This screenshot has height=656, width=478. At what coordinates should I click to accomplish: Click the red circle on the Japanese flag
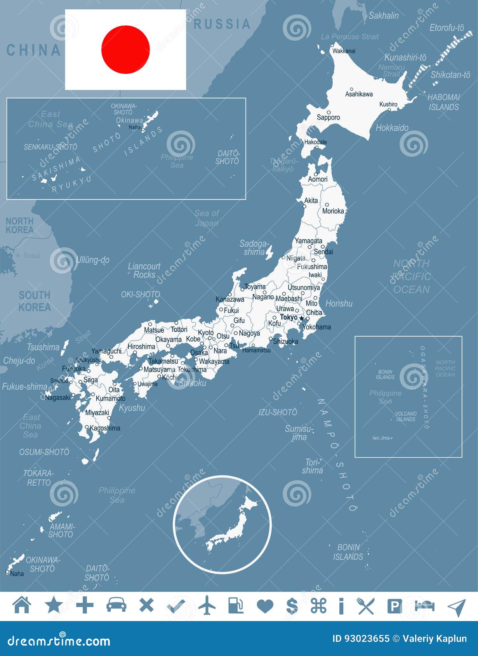coord(125,50)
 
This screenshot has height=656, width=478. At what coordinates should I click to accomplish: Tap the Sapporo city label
coord(328,117)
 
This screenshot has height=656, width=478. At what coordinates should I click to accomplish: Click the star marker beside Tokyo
coord(302,318)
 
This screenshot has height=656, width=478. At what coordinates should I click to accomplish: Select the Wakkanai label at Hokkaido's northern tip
coord(344,51)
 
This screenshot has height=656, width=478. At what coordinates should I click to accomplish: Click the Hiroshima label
coord(141,346)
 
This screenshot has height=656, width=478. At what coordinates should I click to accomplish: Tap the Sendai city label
coord(323,252)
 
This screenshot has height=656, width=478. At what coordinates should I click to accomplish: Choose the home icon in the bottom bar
coord(22,605)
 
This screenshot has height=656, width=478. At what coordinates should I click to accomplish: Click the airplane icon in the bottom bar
coord(207,605)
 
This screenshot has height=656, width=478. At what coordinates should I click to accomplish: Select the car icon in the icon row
coord(116,605)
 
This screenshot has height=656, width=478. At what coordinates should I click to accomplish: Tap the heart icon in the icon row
coord(265,606)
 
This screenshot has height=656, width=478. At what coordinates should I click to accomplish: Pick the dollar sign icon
coord(292,605)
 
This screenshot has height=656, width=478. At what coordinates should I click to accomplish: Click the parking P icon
coord(395,606)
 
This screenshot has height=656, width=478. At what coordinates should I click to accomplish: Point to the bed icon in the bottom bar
coord(424,605)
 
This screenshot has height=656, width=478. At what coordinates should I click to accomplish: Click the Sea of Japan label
coord(207,218)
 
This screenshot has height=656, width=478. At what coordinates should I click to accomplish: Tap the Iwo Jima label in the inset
coord(381,438)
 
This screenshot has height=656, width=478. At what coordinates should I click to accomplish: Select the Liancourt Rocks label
coord(144,270)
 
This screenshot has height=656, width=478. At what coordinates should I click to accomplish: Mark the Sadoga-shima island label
coord(254,248)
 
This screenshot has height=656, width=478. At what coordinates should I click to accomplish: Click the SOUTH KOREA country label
coord(35,301)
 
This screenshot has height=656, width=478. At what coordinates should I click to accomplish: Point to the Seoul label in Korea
coord(31,256)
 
